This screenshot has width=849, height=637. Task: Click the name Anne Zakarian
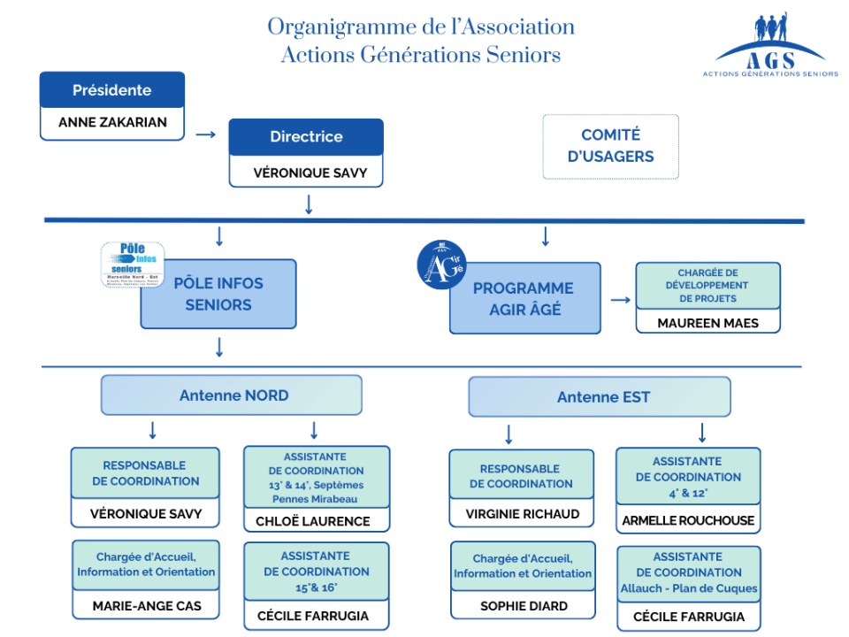pyautogui.click(x=112, y=123)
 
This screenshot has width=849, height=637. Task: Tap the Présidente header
pyautogui.click(x=112, y=90)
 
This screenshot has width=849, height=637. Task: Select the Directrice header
pyautogui.click(x=306, y=137)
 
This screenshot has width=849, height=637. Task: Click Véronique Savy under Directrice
pyautogui.click(x=306, y=173)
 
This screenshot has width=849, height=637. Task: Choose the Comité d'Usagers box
pyautogui.click(x=610, y=146)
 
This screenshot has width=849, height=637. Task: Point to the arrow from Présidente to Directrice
pyautogui.click(x=206, y=134)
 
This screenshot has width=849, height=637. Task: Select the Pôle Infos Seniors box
pyautogui.click(x=218, y=294)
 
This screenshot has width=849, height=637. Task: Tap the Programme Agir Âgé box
pyautogui.click(x=524, y=299)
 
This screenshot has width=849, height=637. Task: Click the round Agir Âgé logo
pyautogui.click(x=441, y=264)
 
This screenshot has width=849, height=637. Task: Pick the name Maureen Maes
pyautogui.click(x=707, y=323)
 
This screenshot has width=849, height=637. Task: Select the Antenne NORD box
pyautogui.click(x=232, y=395)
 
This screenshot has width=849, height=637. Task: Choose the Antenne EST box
pyautogui.click(x=600, y=397)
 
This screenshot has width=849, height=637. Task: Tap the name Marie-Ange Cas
pyautogui.click(x=146, y=606)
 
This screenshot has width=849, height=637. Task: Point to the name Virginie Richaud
pyautogui.click(x=522, y=514)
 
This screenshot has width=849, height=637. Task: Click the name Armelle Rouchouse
pyautogui.click(x=688, y=520)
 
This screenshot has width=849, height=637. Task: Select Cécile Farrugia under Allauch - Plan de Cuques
pyautogui.click(x=688, y=617)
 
